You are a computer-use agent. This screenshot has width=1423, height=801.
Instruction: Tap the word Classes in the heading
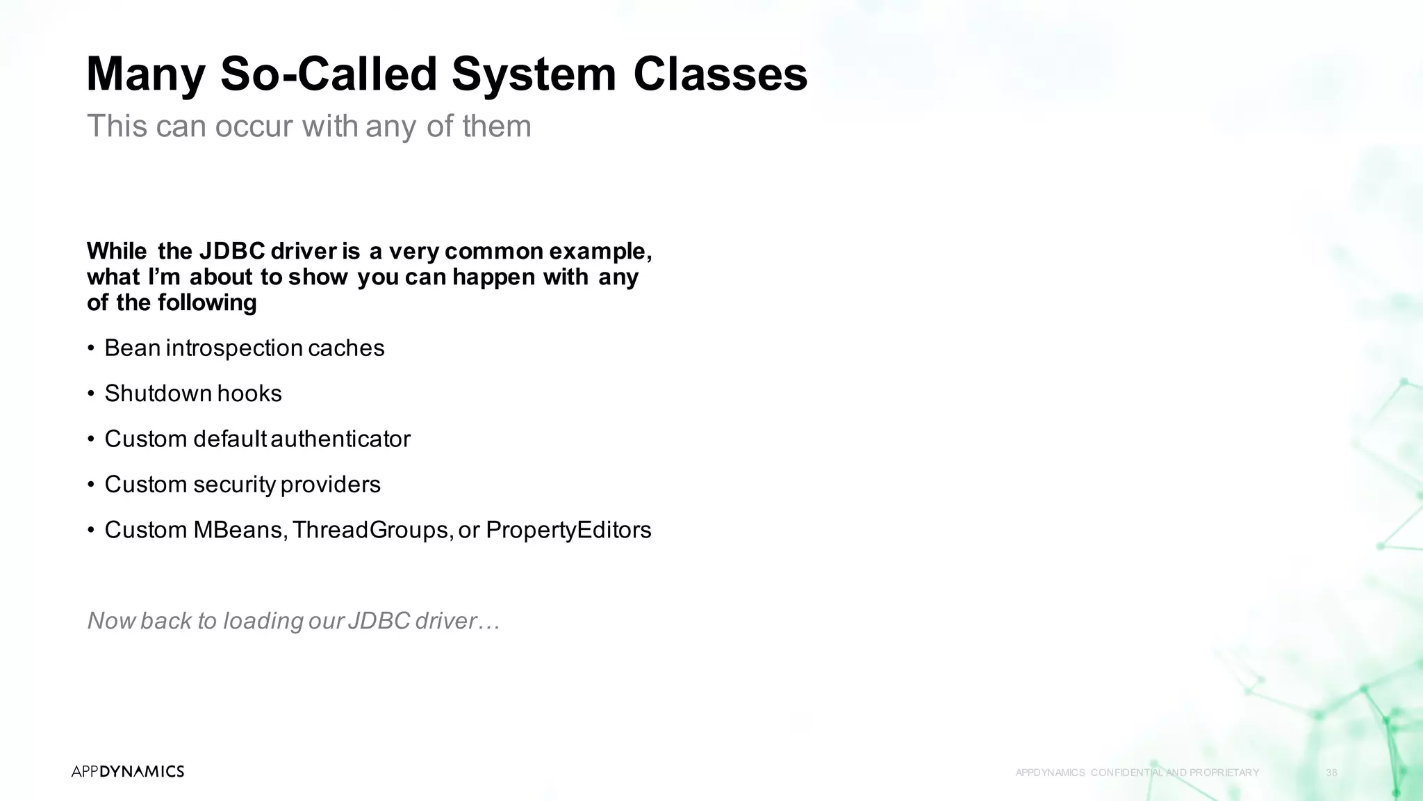coord(720,74)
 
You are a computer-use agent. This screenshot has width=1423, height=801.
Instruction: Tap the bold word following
coord(207,302)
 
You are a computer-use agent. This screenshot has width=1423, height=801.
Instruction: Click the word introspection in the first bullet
coord(234,348)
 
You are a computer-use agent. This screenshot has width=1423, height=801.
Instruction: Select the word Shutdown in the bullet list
coord(158,394)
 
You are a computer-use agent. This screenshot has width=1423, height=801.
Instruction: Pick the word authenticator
coord(340,439)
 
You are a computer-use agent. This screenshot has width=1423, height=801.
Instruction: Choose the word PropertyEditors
coord(568,530)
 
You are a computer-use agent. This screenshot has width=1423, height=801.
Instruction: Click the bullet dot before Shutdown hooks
coord(91,394)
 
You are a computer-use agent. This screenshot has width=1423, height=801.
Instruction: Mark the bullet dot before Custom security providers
coord(91,485)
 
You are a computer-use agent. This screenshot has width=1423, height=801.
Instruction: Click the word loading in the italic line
coord(263,621)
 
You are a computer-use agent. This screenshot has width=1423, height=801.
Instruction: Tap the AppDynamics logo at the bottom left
coord(128,771)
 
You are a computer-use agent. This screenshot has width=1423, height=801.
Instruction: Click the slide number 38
coord(1331,772)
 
